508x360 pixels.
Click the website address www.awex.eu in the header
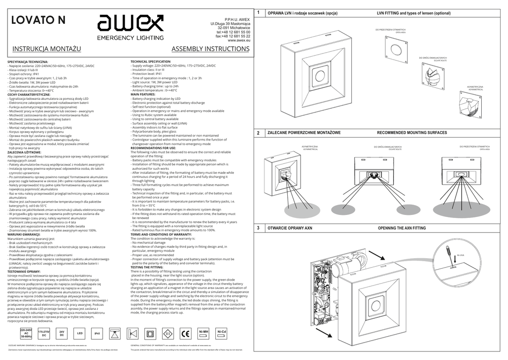pos(239,40)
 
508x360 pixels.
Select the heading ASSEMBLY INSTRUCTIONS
pos(210,49)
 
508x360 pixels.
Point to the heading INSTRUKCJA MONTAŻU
pos(47,49)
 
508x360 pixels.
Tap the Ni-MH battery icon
pos(203,333)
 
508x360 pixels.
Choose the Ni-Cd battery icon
pos(221,333)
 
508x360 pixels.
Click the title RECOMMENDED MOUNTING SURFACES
pos(412,133)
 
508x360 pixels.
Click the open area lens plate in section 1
pos(396,48)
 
